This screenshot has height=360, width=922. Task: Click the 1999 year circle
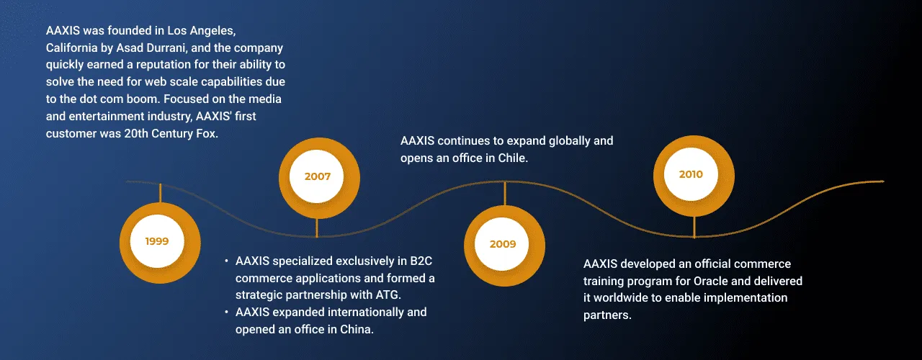pos(160,243)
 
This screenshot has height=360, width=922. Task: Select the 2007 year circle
pos(319,178)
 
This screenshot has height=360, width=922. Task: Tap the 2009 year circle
pos(504,246)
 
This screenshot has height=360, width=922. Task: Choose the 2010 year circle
pos(694,176)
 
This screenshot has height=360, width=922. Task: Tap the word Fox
pos(207,134)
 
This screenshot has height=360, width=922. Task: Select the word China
pos(357,330)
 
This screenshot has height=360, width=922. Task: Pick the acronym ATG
pos(388,295)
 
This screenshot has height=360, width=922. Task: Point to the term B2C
pos(421,261)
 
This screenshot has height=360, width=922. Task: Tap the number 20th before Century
pos(136,134)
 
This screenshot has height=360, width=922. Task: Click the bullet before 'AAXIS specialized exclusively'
pos(226,261)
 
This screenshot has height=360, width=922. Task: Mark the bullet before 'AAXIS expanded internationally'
pos(226,312)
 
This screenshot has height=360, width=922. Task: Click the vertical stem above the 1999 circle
pos(160,193)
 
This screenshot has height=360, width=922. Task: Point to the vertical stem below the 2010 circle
pos(694,227)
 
